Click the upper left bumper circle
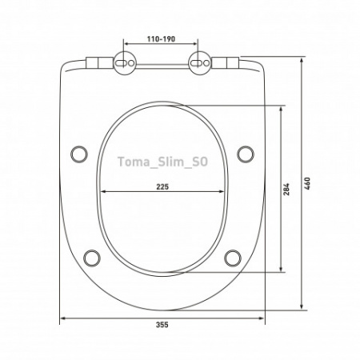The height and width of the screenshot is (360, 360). pyautogui.click(x=79, y=154)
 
